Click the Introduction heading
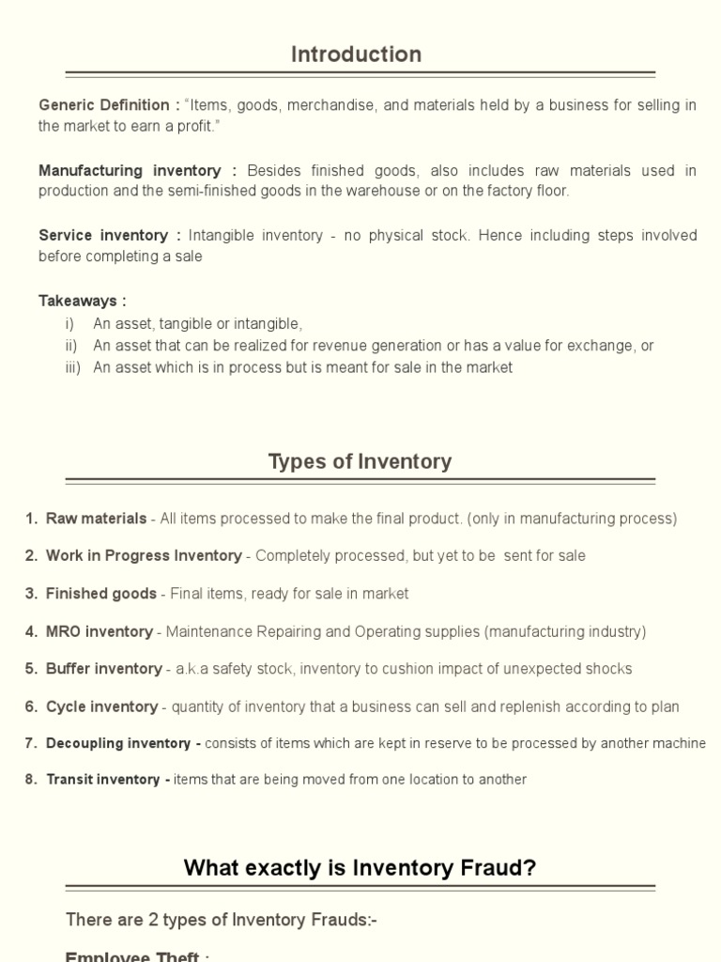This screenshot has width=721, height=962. tap(356, 54)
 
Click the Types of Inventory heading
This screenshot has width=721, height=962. tap(360, 461)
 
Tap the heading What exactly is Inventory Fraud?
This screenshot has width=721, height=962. tap(360, 867)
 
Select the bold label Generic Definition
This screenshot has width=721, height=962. tap(103, 105)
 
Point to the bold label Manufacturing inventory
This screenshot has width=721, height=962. tap(130, 170)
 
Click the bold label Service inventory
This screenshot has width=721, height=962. tap(103, 235)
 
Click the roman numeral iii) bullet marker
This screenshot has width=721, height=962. tap(72, 367)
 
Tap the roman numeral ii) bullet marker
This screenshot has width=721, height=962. tap(71, 346)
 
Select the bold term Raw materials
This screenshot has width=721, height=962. tap(96, 519)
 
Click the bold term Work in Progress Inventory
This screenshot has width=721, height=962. tap(144, 556)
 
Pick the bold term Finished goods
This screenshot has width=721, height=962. tap(101, 594)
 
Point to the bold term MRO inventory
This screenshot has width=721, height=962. tap(99, 631)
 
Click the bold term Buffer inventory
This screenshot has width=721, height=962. tap(103, 669)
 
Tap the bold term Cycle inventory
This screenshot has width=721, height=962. tap(101, 706)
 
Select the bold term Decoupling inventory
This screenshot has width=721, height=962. tap(118, 743)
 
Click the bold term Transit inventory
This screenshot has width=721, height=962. tap(103, 780)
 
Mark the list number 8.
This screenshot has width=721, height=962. tap(31, 780)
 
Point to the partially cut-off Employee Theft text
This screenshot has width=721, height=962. tap(131, 955)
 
